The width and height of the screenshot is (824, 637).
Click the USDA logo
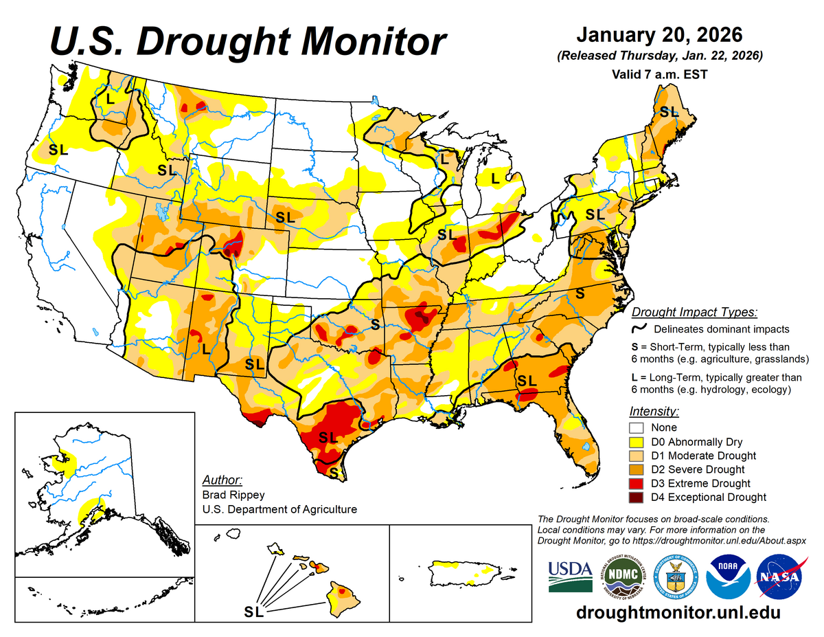(570, 576)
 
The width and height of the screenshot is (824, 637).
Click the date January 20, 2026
(659, 34)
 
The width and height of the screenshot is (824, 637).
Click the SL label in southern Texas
(328, 437)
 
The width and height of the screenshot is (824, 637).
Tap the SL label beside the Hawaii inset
(253, 611)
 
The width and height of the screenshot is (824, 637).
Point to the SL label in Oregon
(59, 149)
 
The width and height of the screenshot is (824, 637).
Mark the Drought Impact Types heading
(694, 312)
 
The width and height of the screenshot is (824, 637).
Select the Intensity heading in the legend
(654, 412)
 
